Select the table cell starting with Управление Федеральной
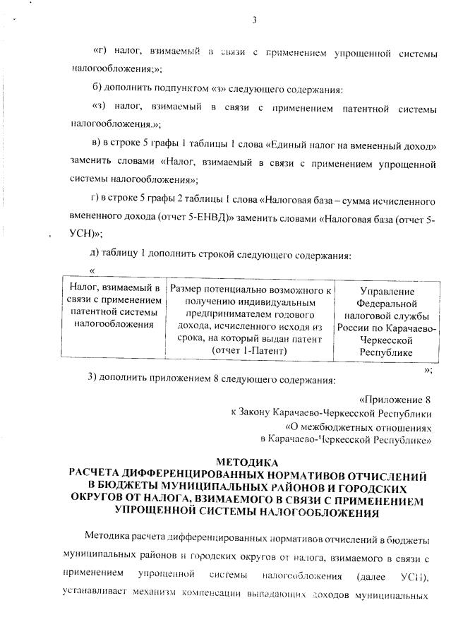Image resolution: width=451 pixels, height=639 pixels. [x=386, y=321]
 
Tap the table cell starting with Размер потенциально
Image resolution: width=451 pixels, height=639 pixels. [x=250, y=320]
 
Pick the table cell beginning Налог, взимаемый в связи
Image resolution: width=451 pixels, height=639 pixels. [x=114, y=306]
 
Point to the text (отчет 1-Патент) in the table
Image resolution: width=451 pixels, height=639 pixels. [x=250, y=350]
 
